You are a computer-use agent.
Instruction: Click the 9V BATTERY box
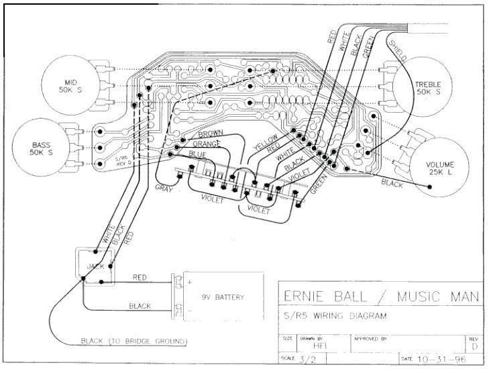pos(222,297)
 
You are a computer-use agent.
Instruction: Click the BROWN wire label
pos(210,134)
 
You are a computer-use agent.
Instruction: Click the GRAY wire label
pos(164,189)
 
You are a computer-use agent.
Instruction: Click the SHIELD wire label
pos(397,50)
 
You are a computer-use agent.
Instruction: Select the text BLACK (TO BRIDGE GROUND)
pos(133,341)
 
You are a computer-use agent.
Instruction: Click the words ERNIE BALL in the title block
pos(324,296)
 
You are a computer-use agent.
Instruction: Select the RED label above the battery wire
pos(140,276)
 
